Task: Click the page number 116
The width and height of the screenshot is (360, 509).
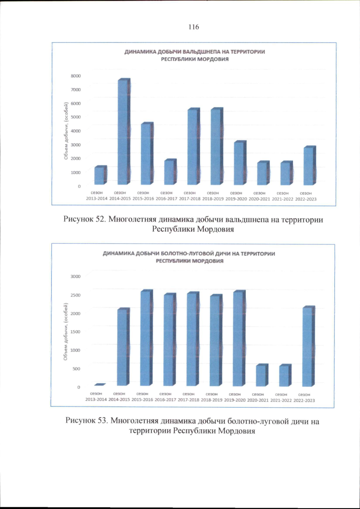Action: pyautogui.click(x=194, y=27)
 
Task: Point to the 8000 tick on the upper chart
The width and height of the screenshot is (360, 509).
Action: pyautogui.click(x=76, y=76)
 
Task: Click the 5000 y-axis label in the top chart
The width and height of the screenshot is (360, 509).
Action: pyautogui.click(x=76, y=117)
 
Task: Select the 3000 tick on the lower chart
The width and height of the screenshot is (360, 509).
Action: pyautogui.click(x=76, y=276)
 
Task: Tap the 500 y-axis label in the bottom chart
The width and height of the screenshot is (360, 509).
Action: pyautogui.click(x=76, y=369)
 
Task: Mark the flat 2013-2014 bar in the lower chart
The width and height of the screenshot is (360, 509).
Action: pyautogui.click(x=100, y=385)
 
